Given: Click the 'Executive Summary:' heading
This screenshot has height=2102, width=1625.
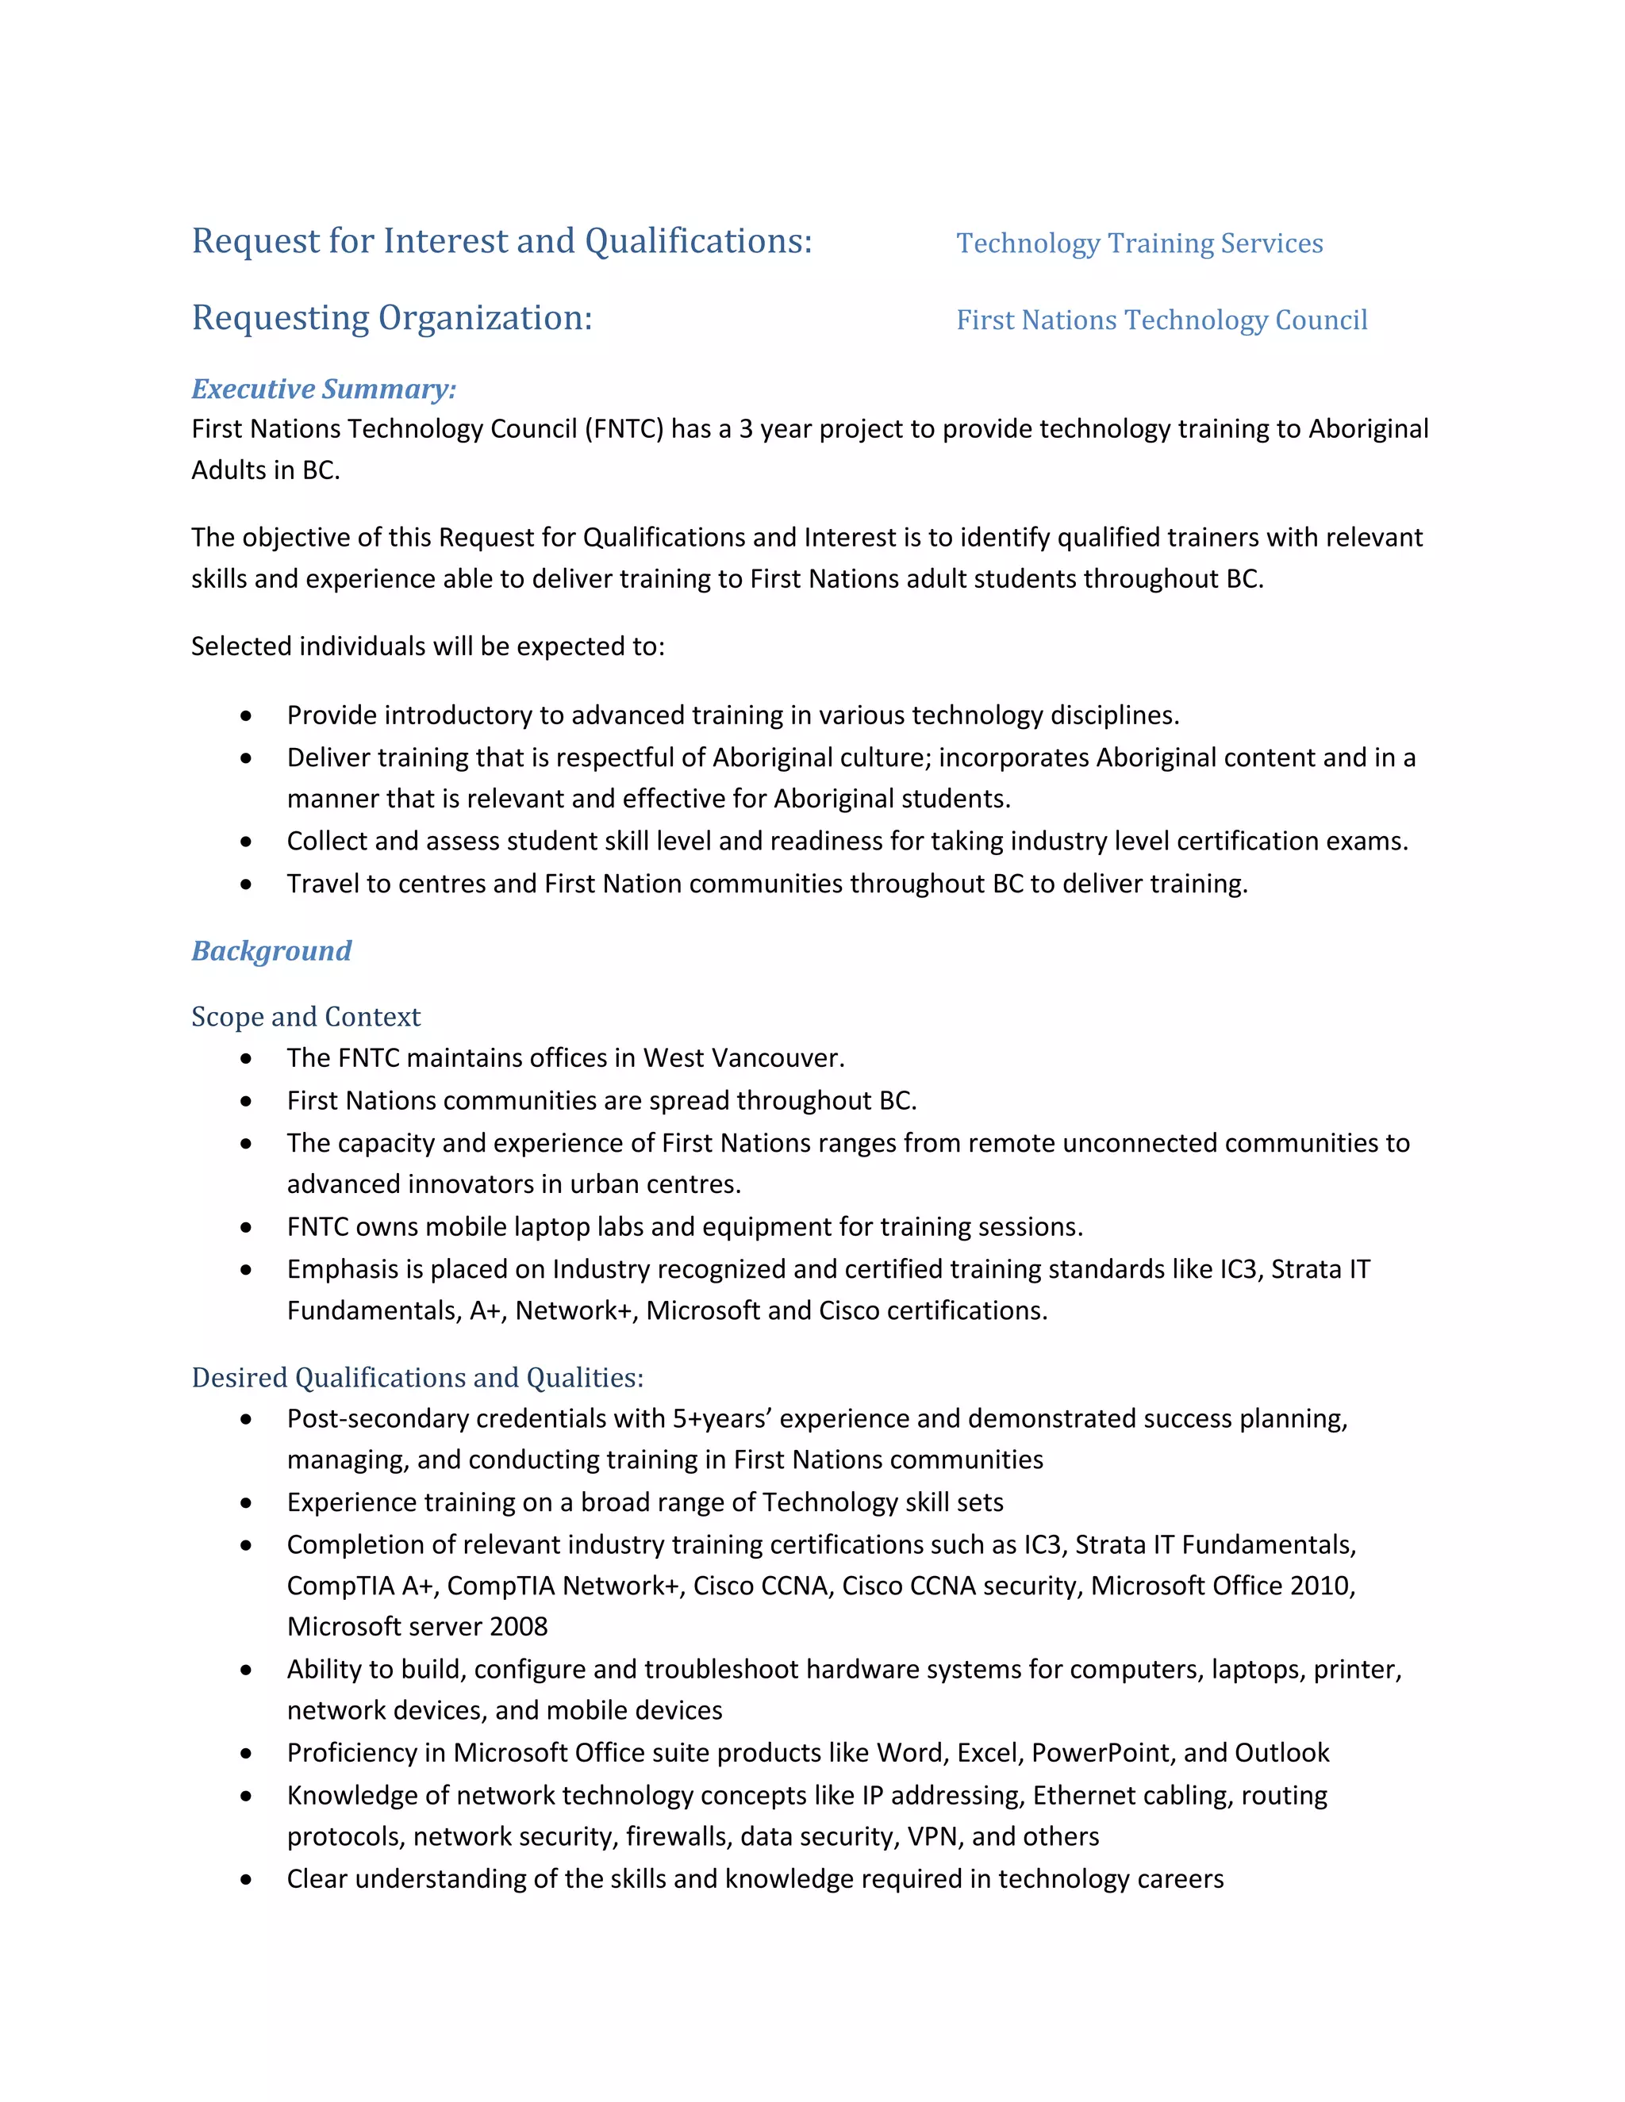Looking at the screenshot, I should point(324,389).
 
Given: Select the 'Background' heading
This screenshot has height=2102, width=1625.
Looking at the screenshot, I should point(271,951).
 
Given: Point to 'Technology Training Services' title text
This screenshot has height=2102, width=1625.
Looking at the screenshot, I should point(1139,244).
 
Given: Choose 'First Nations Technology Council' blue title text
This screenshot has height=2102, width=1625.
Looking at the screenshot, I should point(1161,320).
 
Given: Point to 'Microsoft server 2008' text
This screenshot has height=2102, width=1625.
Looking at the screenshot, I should point(417,1627).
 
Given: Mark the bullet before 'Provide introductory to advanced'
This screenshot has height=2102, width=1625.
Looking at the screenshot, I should point(247,716).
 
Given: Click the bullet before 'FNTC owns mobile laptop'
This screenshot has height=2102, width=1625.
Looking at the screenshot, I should point(247,1227).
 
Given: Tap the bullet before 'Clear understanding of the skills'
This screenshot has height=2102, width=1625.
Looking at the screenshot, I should point(247,1880).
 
